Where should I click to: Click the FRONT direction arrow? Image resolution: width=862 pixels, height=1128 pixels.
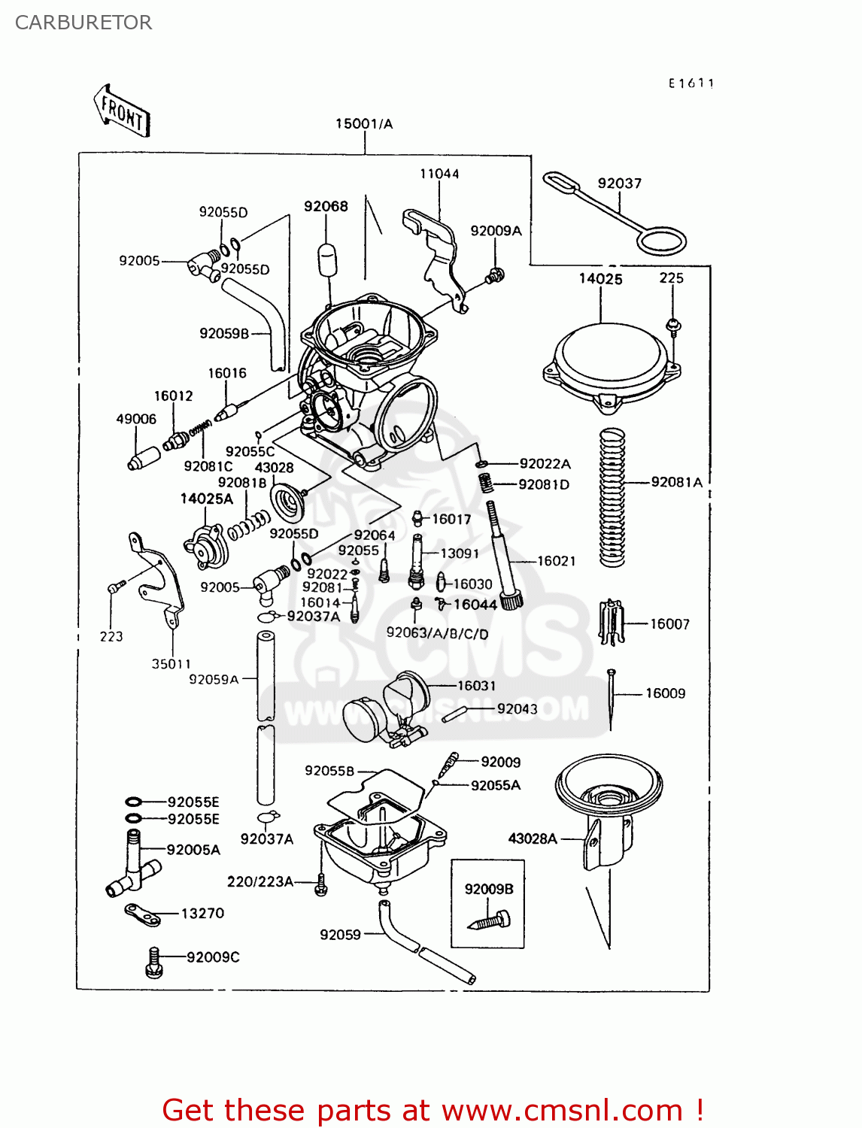tap(122, 111)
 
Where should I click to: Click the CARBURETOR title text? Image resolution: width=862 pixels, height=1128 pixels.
tap(83, 23)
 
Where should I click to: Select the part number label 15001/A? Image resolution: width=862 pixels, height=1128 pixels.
tap(364, 124)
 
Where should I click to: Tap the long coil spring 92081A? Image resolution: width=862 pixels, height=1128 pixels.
tap(612, 497)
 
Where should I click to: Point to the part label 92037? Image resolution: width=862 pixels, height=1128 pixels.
tap(619, 183)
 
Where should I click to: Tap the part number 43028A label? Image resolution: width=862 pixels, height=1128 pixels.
tap(533, 838)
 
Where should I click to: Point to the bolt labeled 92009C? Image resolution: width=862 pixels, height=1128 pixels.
tap(153, 962)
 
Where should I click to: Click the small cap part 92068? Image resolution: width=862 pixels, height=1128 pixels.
tap(326, 259)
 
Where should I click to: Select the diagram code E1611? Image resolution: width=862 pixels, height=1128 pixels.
tap(691, 83)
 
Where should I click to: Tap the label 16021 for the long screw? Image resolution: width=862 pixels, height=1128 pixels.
tap(556, 561)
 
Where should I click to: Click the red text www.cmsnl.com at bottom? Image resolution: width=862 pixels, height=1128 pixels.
tap(561, 1110)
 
